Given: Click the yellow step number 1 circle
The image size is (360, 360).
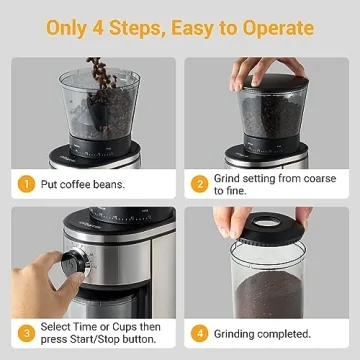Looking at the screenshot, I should pos(26,183).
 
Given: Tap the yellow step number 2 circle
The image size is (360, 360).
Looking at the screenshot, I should pos(200,183).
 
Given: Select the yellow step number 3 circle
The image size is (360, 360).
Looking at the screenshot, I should pos(26,333).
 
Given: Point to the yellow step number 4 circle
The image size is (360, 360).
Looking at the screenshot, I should pos(200,333).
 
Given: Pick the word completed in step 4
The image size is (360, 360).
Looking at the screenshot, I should pos(282,333).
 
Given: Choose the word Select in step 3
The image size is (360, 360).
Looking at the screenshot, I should pos(57,326).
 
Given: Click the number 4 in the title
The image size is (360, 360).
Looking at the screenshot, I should pos(110,27).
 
